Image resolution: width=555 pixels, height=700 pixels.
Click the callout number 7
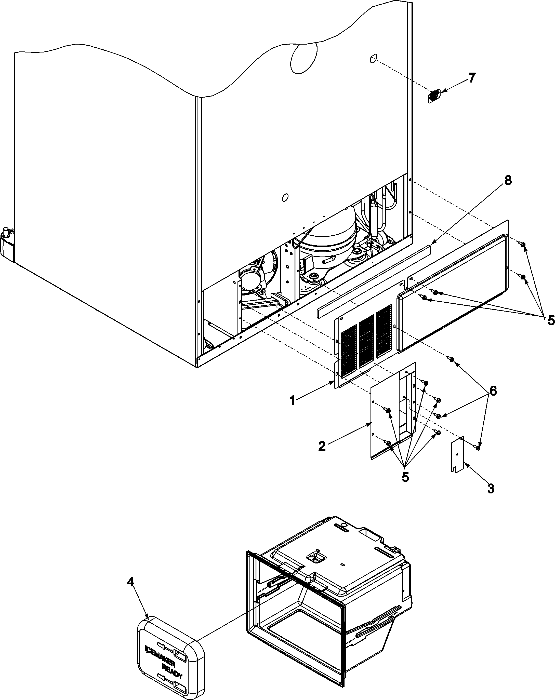(471, 78)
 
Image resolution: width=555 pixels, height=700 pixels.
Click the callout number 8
(508, 181)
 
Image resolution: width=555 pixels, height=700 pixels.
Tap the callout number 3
(491, 488)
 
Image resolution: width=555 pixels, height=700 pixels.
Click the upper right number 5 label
(551, 320)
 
